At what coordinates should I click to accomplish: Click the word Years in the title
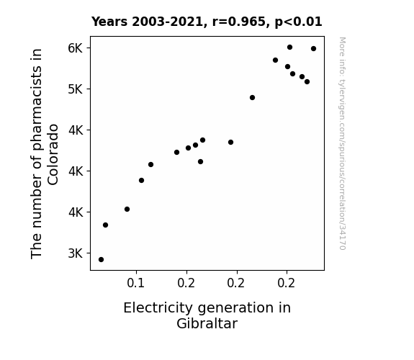click(109, 22)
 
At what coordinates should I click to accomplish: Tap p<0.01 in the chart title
click(298, 22)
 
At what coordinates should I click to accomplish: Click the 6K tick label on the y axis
click(76, 48)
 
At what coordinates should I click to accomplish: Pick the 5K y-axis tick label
click(76, 89)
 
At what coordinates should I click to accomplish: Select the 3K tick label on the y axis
click(76, 253)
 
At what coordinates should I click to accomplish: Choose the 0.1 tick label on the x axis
click(135, 283)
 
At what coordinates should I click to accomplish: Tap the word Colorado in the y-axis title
click(53, 155)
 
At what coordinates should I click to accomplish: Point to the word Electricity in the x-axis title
click(158, 308)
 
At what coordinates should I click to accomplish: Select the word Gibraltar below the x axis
click(207, 324)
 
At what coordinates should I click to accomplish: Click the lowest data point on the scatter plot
click(101, 260)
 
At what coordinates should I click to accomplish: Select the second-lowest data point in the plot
click(105, 225)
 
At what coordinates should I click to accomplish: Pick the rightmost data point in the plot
click(313, 48)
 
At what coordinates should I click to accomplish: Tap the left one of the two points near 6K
click(289, 48)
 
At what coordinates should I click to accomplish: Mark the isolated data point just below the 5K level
click(252, 98)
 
